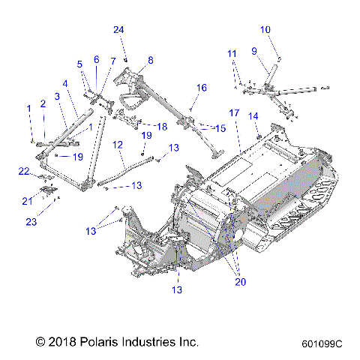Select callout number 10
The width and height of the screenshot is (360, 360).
[265, 29]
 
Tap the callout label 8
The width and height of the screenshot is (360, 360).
[150, 59]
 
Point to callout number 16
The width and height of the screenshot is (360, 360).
[201, 88]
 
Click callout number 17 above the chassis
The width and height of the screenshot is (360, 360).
[234, 112]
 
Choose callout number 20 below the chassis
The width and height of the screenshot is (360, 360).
[239, 282]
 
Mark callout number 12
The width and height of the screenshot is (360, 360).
[118, 143]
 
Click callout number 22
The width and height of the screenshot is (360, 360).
[23, 172]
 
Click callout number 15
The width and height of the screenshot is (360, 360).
[220, 128]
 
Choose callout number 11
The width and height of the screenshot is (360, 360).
[232, 53]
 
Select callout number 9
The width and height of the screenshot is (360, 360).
[253, 50]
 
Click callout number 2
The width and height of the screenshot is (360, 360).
[43, 103]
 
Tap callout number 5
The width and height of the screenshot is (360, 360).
[79, 64]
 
